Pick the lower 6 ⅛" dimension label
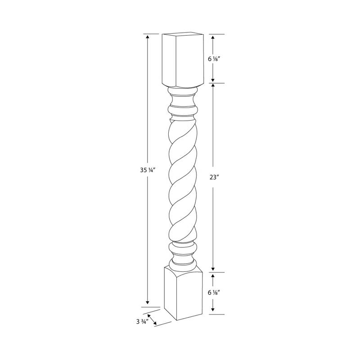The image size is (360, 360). [x=214, y=292]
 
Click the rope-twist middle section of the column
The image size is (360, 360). [x=182, y=180]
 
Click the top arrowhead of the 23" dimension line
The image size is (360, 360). [x=213, y=86]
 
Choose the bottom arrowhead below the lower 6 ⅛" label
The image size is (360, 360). [x=213, y=311]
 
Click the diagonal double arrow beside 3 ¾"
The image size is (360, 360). [x=152, y=320]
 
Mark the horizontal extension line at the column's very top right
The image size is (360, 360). [x=216, y=34]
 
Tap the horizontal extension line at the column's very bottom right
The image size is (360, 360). [x=216, y=314]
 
